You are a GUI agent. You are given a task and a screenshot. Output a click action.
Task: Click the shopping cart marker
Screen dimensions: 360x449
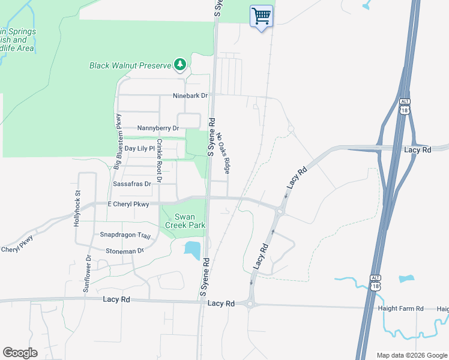261,16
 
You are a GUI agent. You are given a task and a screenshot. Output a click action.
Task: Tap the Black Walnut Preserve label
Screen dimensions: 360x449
130,65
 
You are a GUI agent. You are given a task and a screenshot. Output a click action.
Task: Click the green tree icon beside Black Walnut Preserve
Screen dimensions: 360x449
179,64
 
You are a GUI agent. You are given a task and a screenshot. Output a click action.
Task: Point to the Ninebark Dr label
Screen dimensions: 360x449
190,95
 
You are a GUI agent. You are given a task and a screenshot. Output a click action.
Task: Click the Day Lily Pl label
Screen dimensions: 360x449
139,148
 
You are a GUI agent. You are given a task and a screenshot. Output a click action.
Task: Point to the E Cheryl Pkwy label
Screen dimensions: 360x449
128,204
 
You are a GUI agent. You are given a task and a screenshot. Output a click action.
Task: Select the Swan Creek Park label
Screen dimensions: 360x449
190,221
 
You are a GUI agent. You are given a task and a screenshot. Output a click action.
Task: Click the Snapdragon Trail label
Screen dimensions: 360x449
125,236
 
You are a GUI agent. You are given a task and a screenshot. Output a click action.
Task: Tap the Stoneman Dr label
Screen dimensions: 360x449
125,250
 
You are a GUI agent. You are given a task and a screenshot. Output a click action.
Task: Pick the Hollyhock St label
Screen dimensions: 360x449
77,207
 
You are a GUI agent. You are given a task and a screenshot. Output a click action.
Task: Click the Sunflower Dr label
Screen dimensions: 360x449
87,274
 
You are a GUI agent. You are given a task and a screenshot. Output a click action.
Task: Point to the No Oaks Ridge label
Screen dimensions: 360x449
224,154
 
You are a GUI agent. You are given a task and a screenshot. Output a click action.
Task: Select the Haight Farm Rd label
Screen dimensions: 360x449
400,308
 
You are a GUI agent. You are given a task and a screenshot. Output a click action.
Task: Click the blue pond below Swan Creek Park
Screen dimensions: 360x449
193,250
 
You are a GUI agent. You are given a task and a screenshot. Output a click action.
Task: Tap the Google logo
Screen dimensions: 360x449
20,353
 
